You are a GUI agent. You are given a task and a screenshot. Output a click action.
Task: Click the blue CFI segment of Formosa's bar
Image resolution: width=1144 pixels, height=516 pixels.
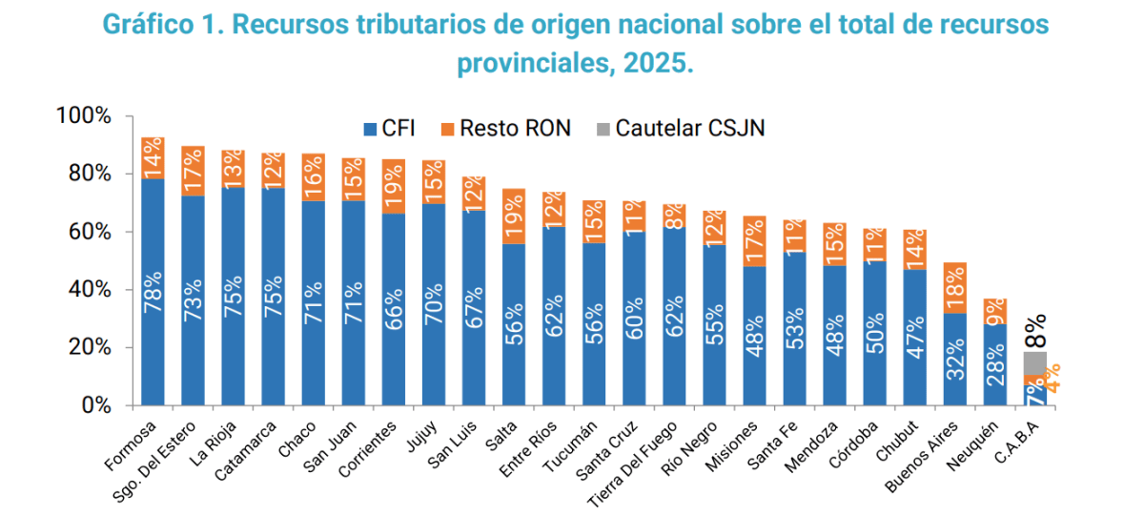[x=153, y=292]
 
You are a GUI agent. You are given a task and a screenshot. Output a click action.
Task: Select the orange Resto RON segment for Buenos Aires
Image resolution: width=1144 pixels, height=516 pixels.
[x=955, y=288]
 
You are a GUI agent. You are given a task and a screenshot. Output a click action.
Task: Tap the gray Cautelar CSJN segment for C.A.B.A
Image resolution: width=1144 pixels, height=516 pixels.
[x=1035, y=363]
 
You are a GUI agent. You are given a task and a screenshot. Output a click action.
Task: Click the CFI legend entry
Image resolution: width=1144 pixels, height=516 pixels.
[x=389, y=128]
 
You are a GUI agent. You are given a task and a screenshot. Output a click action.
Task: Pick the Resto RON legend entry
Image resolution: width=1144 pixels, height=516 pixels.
[x=505, y=128]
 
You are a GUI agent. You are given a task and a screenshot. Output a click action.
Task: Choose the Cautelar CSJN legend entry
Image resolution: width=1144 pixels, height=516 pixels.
[x=681, y=128]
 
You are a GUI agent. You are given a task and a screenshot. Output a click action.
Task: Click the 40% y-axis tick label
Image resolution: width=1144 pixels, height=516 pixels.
[x=90, y=290]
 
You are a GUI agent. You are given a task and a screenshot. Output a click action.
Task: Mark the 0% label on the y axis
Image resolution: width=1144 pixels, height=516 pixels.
[x=96, y=405]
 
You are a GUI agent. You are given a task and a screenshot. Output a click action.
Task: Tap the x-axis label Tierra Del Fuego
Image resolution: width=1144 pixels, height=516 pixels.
[x=632, y=464]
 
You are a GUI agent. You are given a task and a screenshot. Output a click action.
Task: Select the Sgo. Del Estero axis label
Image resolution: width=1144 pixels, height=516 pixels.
[x=153, y=462]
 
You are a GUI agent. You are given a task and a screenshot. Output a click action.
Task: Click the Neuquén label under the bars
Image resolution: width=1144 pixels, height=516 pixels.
[x=971, y=446]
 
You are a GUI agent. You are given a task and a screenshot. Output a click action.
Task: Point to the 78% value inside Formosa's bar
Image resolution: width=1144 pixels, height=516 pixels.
[x=153, y=292]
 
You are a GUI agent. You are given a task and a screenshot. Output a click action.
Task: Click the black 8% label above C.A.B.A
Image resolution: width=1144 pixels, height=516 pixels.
[x=1035, y=332]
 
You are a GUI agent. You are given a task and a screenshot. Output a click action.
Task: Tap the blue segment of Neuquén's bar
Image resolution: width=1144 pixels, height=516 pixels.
[x=995, y=364]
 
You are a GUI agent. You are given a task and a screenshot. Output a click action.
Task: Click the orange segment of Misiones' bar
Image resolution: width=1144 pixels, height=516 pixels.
[x=754, y=241]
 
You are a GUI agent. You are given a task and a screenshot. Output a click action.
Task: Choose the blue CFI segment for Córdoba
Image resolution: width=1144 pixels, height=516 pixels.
[x=875, y=334]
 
